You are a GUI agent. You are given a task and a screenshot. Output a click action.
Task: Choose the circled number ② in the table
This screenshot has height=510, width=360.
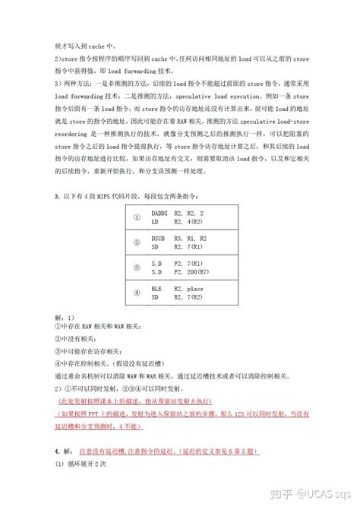point(137,243)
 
